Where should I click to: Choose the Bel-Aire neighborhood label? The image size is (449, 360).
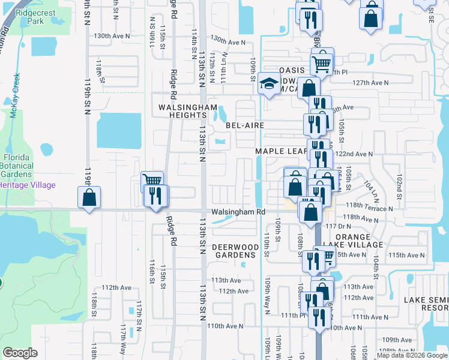(245, 125)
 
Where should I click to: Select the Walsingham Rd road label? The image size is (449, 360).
(238, 212)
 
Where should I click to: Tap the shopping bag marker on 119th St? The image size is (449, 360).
(89, 197)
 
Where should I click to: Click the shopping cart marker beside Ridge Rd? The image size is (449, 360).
(152, 181)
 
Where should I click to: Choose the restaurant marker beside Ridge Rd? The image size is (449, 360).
(157, 195)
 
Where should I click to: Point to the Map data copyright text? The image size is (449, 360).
(411, 355)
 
